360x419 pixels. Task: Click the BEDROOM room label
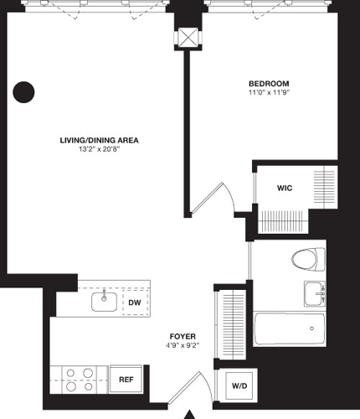269,83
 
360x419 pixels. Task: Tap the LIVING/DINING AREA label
99,140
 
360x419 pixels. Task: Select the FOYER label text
182,332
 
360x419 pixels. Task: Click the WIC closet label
284,189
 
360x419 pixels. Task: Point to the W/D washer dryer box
239,385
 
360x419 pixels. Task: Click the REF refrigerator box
126,380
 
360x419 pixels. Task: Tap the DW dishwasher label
134,302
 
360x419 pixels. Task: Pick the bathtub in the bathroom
290,328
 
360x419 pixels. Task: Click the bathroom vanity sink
316,294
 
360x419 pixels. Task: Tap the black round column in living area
24,91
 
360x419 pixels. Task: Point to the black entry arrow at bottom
190,414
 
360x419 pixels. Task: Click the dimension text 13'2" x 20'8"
99,151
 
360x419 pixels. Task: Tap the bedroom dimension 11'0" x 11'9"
269,94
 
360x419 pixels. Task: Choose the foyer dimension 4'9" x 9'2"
182,344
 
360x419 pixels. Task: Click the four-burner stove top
77,379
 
